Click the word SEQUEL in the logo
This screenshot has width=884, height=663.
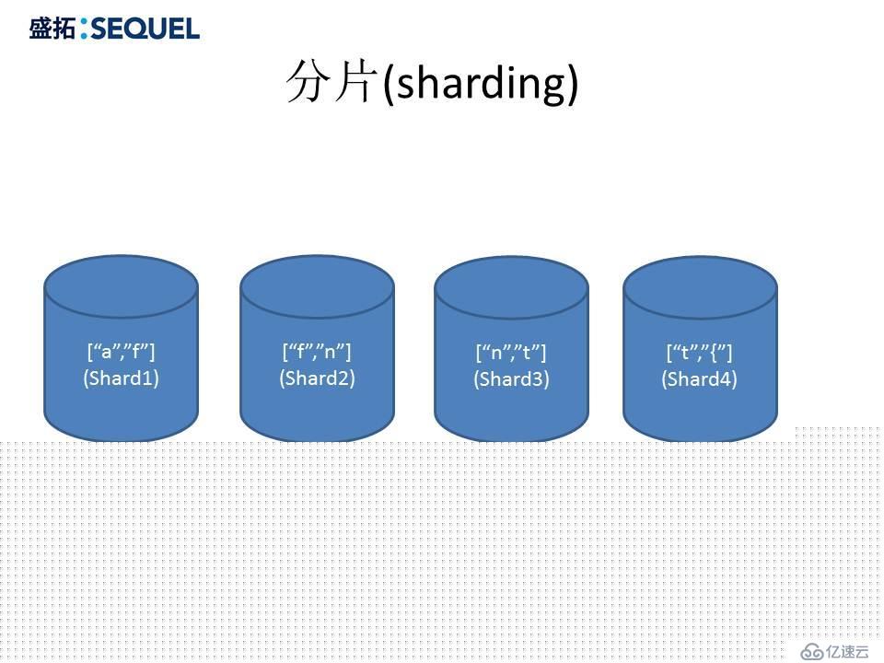pyautogui.click(x=145, y=29)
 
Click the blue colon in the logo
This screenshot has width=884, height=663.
pyautogui.click(x=84, y=29)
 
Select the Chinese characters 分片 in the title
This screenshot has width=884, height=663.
pyautogui.click(x=331, y=82)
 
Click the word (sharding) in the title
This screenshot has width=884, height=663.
pyautogui.click(x=481, y=84)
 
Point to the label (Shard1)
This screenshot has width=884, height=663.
pyautogui.click(x=122, y=378)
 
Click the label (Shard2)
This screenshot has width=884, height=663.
pyautogui.click(x=317, y=378)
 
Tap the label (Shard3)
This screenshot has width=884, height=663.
pyautogui.click(x=511, y=378)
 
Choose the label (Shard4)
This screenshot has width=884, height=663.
pyautogui.click(x=699, y=378)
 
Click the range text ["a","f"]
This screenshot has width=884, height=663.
pyautogui.click(x=121, y=352)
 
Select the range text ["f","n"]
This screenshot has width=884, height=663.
pyautogui.click(x=316, y=352)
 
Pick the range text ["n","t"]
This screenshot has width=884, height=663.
pyautogui.click(x=511, y=353)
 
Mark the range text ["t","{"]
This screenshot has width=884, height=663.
pyautogui.click(x=699, y=353)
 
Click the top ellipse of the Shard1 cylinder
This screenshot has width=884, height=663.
pyautogui.click(x=122, y=286)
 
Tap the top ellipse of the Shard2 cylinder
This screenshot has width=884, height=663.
pyautogui.click(x=317, y=286)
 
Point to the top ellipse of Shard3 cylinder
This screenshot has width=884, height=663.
pyautogui.click(x=511, y=287)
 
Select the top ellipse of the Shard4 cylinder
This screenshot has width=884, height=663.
pyautogui.click(x=700, y=287)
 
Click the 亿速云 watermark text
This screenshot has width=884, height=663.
pyautogui.click(x=848, y=651)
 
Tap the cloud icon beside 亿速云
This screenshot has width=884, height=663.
pyautogui.click(x=812, y=652)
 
